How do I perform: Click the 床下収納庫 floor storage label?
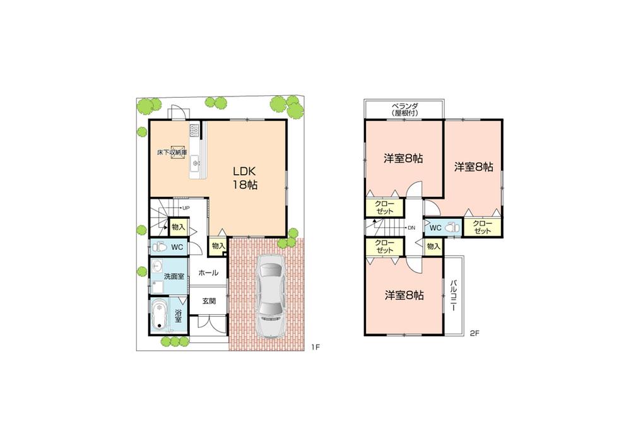pyautogui.click(x=172, y=153)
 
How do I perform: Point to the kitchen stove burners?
pyautogui.click(x=194, y=131)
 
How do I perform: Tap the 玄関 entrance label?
pyautogui.click(x=209, y=301)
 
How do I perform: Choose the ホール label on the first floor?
pyautogui.click(x=208, y=273)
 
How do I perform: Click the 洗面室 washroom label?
pyautogui.click(x=174, y=276)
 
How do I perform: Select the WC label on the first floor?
pyautogui.click(x=177, y=247)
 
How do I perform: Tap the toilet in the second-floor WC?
pyautogui.click(x=450, y=227)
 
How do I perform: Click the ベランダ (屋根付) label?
pyautogui.click(x=405, y=108)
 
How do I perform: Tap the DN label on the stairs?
pyautogui.click(x=411, y=228)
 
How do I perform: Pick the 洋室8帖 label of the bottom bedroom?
pyautogui.click(x=404, y=295)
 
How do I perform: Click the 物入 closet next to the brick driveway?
pyautogui.click(x=217, y=246)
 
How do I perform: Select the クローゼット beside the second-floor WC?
pyautogui.click(x=483, y=227)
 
